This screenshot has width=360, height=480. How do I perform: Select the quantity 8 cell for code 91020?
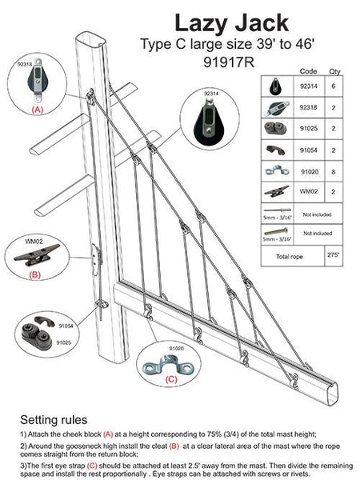(x=334, y=170)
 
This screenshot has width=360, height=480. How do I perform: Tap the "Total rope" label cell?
(x=286, y=258)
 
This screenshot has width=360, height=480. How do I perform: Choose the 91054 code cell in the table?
(x=309, y=149)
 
